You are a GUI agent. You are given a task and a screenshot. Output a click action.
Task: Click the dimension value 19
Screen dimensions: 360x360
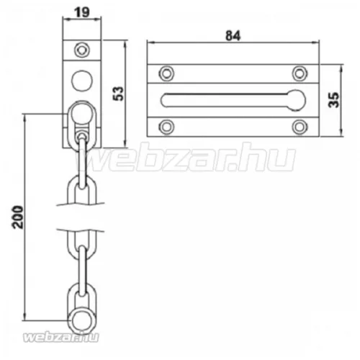point(82,12)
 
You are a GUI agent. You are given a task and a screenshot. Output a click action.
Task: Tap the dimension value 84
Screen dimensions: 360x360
point(233,36)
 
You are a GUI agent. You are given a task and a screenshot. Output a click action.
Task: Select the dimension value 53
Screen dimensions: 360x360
point(119,94)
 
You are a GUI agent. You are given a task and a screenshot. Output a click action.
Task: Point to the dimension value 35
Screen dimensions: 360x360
point(334,99)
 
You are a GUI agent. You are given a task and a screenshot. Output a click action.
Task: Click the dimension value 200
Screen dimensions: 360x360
point(18,217)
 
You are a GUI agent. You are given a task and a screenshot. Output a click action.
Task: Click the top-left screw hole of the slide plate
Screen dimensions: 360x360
point(166,73)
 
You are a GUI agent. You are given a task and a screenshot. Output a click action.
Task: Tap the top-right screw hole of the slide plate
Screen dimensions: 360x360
point(300,73)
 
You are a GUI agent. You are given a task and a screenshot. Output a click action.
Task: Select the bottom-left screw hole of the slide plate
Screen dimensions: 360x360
point(166,127)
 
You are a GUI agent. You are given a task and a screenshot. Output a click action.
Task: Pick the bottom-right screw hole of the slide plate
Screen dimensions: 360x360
point(300,127)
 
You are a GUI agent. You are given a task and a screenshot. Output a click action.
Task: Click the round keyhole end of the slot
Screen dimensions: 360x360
point(297,100)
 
